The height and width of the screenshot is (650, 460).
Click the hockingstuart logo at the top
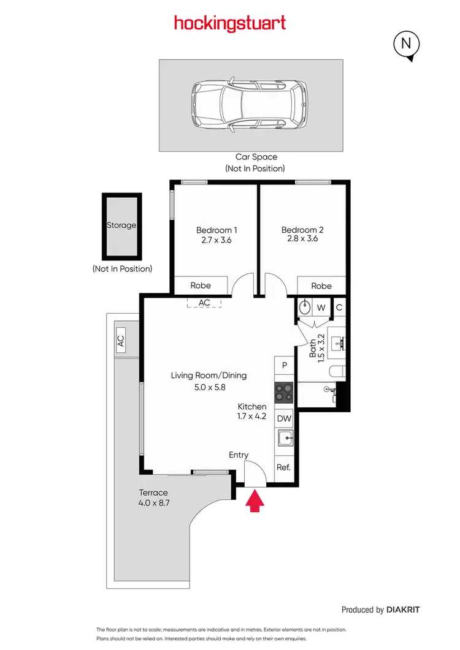[x=230, y=24]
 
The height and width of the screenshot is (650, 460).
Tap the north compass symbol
[x=406, y=44]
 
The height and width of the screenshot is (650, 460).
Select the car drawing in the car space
[x=250, y=105]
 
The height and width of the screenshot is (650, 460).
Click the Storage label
[x=121, y=225]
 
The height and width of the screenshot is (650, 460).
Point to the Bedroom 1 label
[x=217, y=230]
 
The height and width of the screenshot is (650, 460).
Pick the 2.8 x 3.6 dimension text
[x=302, y=239]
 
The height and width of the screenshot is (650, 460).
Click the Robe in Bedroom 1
[x=201, y=285]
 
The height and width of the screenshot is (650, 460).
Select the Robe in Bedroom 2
[x=321, y=286]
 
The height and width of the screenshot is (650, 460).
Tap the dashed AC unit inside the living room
[x=204, y=303]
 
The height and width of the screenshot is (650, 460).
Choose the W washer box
[x=321, y=308]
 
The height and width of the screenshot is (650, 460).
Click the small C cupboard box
[x=339, y=308]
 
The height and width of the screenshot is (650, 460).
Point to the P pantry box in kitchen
[x=285, y=366]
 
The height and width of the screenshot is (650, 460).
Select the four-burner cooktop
[x=284, y=391]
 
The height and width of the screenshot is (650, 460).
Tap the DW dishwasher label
[x=284, y=419]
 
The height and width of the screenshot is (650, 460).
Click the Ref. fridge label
[x=283, y=467]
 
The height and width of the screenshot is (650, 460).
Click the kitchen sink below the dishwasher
[x=284, y=439]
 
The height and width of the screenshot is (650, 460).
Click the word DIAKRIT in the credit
[x=404, y=610]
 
